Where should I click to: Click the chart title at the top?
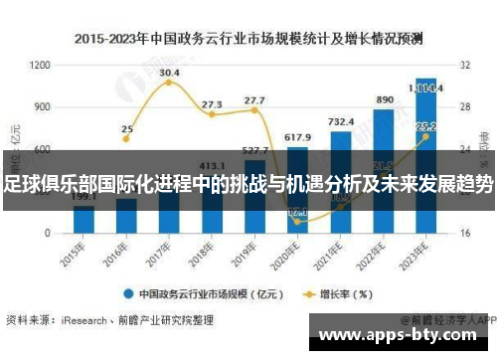248,40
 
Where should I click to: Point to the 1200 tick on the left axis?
41,65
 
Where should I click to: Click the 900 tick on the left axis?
43,106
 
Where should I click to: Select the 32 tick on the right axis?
465,65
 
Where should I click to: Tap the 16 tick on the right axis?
465,233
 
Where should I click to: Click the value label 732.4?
341,121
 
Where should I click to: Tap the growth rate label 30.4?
169,73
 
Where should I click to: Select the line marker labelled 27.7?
254,109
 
